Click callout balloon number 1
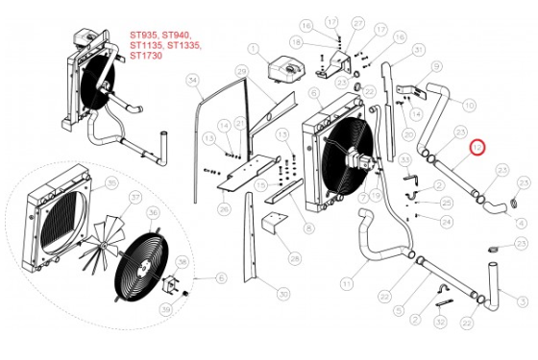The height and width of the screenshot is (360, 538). tap(254, 47)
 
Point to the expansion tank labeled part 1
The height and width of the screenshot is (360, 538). tap(283, 70)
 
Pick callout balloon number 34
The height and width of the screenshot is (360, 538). tap(192, 79)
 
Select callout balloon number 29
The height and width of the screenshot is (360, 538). tap(242, 73)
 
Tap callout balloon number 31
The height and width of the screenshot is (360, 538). tap(419, 49)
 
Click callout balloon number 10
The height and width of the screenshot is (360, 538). tap(470, 104)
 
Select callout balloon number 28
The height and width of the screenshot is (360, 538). tap(294, 259)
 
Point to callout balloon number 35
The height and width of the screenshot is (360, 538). tap(110, 181)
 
